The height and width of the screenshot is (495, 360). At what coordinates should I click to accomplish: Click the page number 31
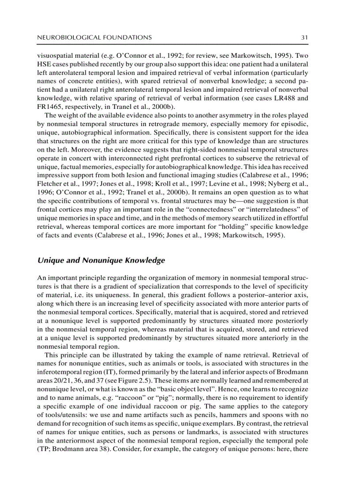(x=304, y=37)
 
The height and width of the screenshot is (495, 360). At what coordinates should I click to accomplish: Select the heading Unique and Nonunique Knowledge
(x=101, y=260)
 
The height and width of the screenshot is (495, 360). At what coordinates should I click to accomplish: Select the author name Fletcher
(x=50, y=184)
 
